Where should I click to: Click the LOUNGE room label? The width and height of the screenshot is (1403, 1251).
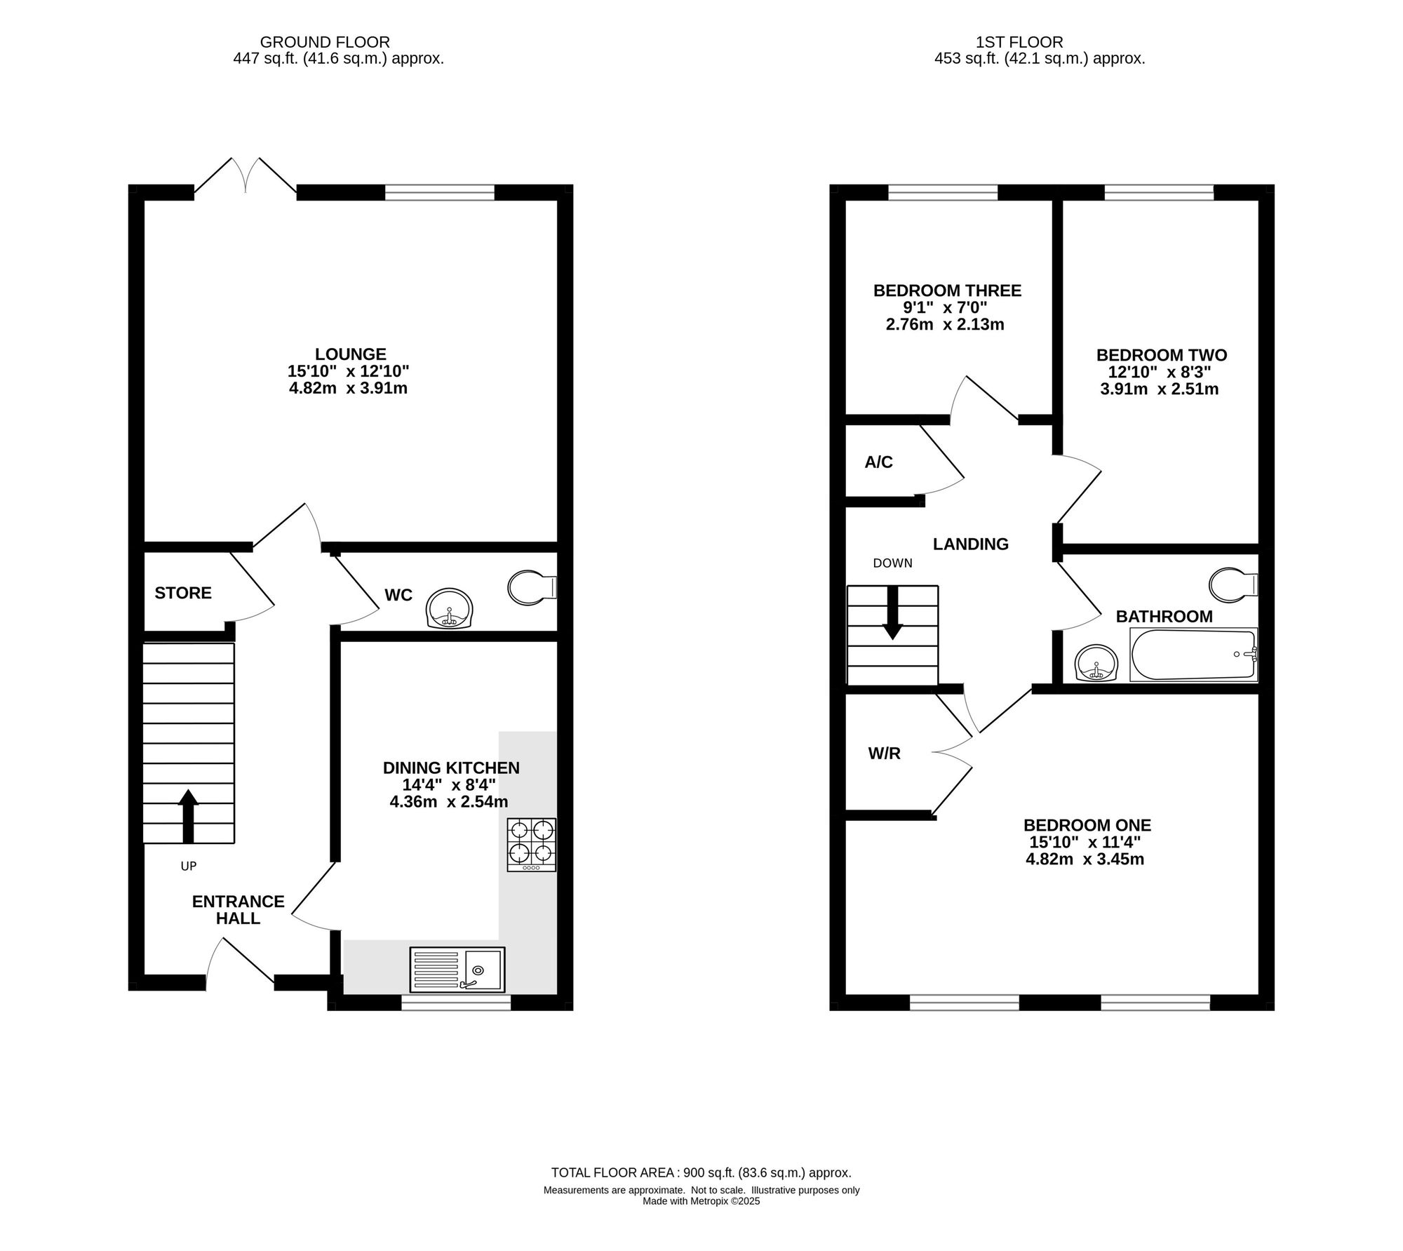pos(351,354)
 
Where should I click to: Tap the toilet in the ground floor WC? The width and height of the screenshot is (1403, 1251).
pos(532,587)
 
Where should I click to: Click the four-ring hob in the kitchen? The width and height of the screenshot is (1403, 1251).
pos(532,845)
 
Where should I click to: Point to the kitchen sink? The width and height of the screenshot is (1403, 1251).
pos(457,970)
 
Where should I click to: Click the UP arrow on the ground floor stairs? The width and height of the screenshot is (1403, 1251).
pos(188,816)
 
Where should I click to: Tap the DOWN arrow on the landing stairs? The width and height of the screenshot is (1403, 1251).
pos(892,613)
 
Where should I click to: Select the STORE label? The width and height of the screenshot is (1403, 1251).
pos(183,593)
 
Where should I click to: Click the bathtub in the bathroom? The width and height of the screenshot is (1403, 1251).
pos(1193,655)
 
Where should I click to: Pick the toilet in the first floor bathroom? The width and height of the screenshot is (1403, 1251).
pos(1234,585)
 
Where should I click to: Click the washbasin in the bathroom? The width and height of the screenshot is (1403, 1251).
pos(1096,663)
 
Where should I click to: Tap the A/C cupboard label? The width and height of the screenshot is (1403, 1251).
pos(878,462)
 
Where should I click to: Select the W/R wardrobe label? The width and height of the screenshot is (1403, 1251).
pos(884,754)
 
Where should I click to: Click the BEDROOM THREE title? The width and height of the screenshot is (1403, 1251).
pos(947,290)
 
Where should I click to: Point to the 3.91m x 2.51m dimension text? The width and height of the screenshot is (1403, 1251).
pos(1159,389)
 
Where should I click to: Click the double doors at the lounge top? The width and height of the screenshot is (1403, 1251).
pos(246,175)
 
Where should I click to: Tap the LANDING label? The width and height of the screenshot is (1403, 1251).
pos(971,544)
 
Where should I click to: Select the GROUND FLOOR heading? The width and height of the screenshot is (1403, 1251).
pos(325,43)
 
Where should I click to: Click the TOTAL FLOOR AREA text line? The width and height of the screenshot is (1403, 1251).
pos(701,1172)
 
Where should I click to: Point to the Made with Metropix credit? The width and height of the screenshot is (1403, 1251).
pos(701,1201)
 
